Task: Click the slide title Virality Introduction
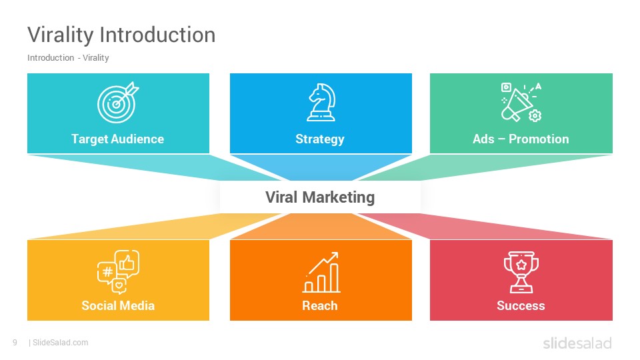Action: [121, 35]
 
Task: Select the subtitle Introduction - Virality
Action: [68, 58]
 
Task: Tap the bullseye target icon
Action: [118, 103]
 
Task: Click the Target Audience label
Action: [117, 139]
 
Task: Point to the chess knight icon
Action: [321, 103]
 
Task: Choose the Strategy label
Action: [320, 139]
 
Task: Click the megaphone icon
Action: [521, 103]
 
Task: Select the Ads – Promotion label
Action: [521, 139]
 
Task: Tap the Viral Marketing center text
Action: [320, 197]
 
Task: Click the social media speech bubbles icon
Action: [118, 272]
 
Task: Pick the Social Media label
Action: [118, 306]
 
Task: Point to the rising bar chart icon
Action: [321, 272]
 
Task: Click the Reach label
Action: [320, 306]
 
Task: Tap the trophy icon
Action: [521, 272]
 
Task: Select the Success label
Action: [521, 306]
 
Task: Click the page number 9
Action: [15, 343]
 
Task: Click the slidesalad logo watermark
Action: [577, 343]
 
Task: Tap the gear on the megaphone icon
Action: [535, 116]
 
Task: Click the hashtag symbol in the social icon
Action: [107, 271]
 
